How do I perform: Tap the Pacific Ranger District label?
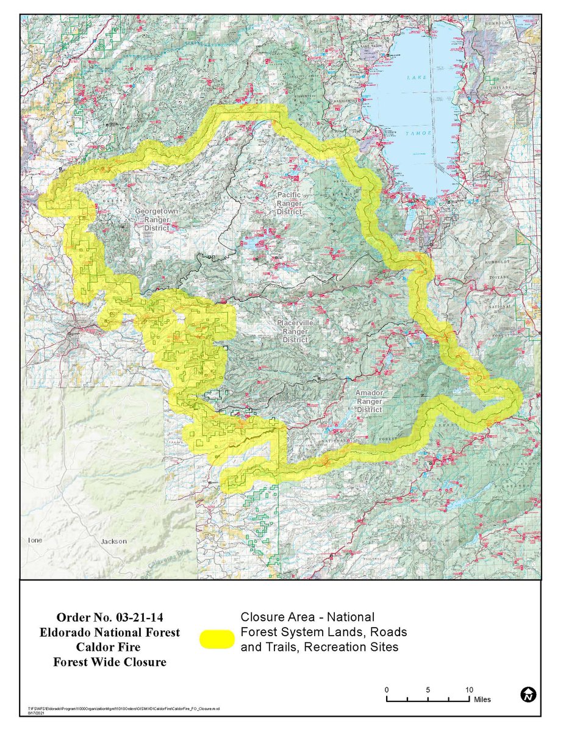[x=288, y=203]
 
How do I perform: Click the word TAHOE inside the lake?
[x=421, y=133]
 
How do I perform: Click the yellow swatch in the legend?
[x=217, y=638]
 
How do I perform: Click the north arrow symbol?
[x=528, y=694]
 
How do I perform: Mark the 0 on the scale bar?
[x=387, y=689]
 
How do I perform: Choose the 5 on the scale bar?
[x=428, y=689]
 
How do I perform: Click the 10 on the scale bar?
[x=469, y=689]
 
